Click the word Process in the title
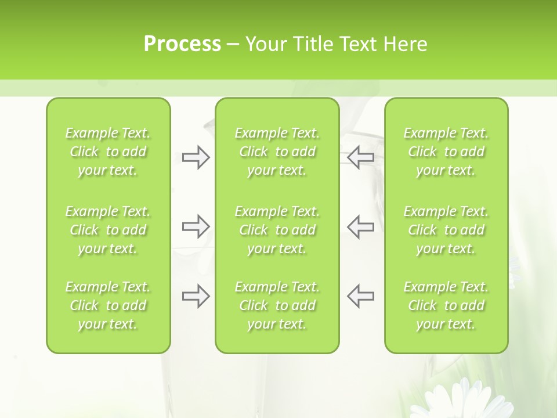(x=182, y=44)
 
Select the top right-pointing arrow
(x=196, y=157)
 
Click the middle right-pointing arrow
(x=196, y=226)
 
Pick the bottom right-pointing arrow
(x=196, y=296)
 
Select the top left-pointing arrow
(x=361, y=157)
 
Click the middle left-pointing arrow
(x=361, y=226)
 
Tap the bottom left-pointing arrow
(x=361, y=296)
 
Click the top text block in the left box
(x=108, y=152)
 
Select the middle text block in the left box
(x=108, y=230)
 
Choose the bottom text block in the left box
(x=108, y=305)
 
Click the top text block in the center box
(x=277, y=152)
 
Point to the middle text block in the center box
(x=277, y=230)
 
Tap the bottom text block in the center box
(x=277, y=305)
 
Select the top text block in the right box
(x=446, y=152)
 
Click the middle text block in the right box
(x=446, y=230)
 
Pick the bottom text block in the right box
(x=446, y=305)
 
